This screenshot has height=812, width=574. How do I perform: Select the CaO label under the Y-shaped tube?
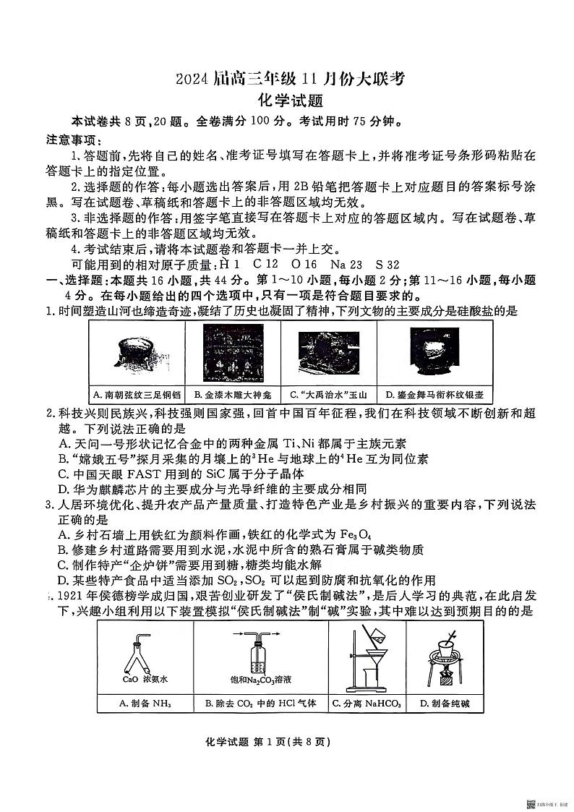point(130,679)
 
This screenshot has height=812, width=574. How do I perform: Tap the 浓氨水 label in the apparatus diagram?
point(155,679)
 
